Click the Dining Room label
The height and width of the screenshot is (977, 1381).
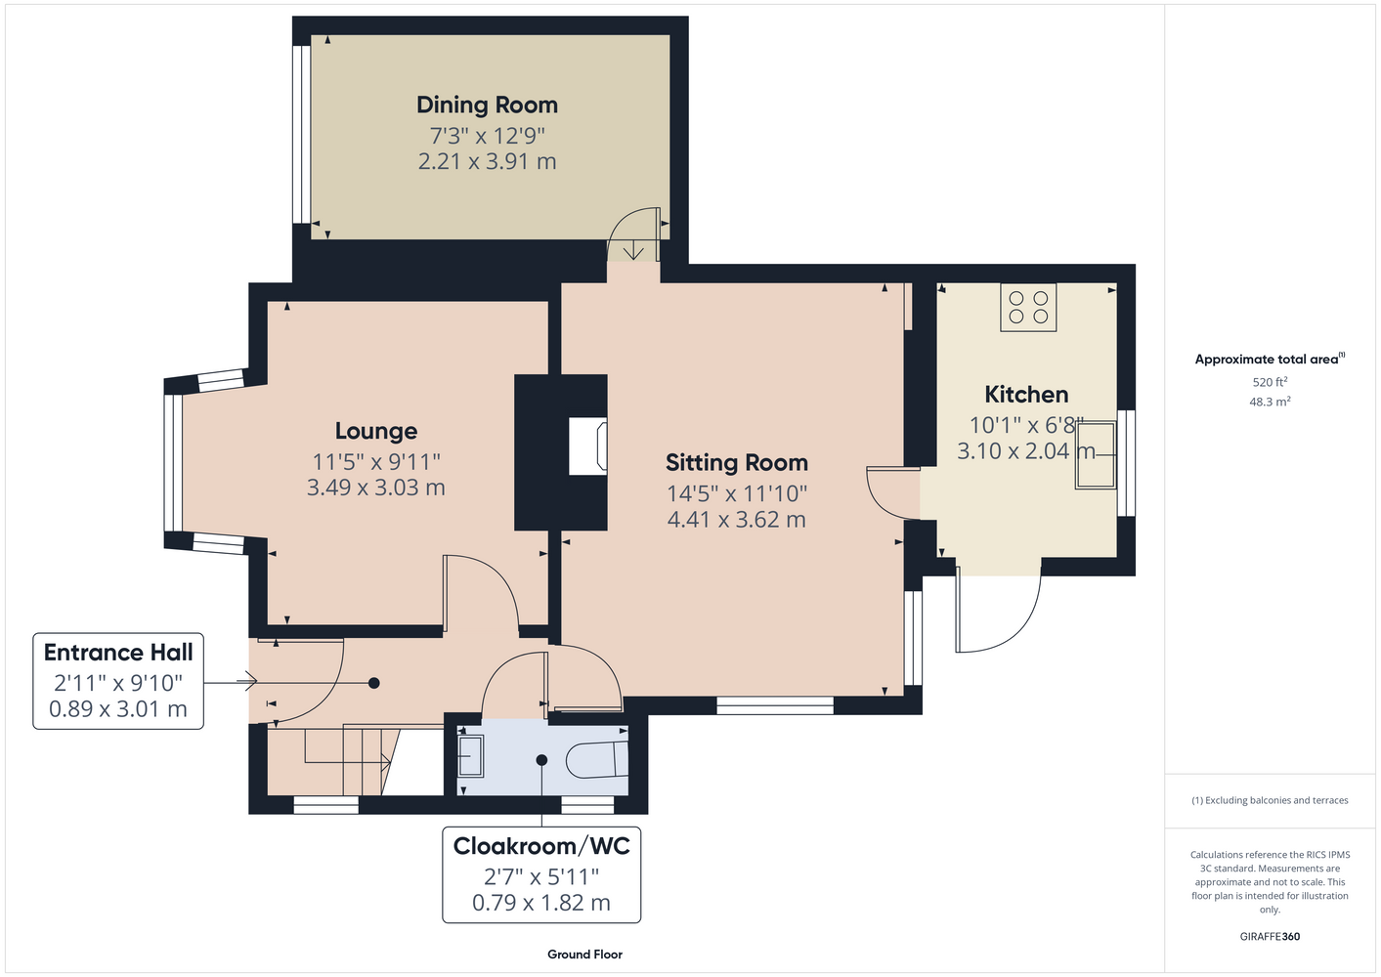(487, 105)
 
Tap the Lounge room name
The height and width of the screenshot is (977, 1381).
(376, 431)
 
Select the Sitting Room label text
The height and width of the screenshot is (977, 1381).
(737, 463)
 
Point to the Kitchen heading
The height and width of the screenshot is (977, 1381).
(1026, 395)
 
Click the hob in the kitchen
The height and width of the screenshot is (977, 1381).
(1028, 307)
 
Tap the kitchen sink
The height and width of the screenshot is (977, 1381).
(1096, 455)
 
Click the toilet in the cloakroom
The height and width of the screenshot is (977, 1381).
(596, 759)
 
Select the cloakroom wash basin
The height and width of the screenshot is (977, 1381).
(470, 755)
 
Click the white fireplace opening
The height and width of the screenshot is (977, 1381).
(587, 446)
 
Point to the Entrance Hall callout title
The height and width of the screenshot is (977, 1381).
(118, 653)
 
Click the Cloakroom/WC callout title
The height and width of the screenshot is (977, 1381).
(541, 846)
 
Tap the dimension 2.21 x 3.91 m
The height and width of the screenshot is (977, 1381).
(487, 161)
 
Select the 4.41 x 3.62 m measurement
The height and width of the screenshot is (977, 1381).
(737, 520)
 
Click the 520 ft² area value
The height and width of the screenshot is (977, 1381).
(1270, 382)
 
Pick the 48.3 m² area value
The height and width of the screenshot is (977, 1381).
(1270, 402)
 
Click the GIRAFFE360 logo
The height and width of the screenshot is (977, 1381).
(1270, 936)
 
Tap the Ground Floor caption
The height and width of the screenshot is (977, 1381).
(585, 955)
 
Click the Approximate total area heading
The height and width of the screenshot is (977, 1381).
(1270, 359)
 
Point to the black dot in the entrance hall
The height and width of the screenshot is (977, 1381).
(373, 683)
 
